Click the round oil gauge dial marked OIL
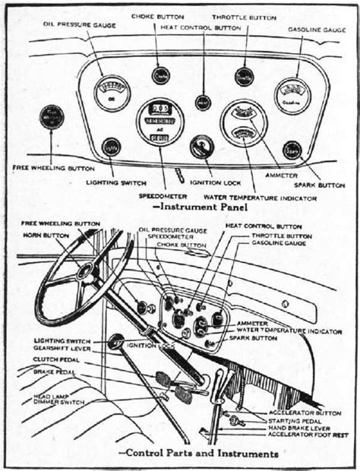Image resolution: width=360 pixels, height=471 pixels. point(112,93)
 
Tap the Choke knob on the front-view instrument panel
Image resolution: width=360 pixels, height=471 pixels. point(161,76)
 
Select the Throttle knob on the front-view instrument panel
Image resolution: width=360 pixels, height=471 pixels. point(244,77)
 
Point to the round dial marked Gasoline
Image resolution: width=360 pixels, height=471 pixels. point(292,96)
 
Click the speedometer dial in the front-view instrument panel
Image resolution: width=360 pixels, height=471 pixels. point(159,123)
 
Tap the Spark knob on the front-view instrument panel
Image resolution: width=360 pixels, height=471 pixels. point(292,150)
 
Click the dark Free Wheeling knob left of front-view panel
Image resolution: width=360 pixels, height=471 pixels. point(53,117)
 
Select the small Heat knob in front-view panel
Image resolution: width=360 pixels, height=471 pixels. point(203,100)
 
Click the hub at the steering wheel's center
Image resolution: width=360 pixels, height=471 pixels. point(86,271)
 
